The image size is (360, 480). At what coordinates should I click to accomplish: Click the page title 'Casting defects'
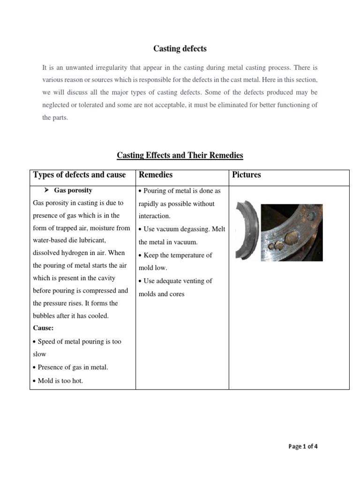pyautogui.click(x=180, y=48)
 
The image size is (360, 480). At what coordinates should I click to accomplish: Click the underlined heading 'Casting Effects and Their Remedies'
pyautogui.click(x=180, y=155)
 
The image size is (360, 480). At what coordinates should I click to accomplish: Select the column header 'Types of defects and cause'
pyautogui.click(x=80, y=175)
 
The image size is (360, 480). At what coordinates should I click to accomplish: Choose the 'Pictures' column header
pyautogui.click(x=247, y=175)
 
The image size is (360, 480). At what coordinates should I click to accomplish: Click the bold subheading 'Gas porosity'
pyautogui.click(x=73, y=190)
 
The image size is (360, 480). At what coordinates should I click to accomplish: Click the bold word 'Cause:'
pyautogui.click(x=44, y=328)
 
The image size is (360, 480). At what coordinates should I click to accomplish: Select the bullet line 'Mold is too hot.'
pyautogui.click(x=58, y=381)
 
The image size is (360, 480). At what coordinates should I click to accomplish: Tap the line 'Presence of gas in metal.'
pyautogui.click(x=71, y=367)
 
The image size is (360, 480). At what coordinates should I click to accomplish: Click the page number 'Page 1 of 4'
pyautogui.click(x=303, y=446)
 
